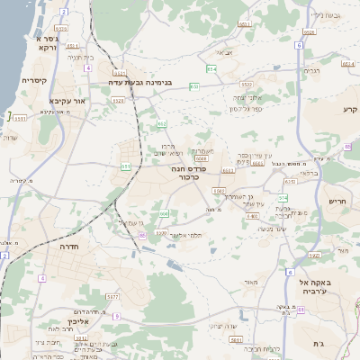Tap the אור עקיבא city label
coord(67,101)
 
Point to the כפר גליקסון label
coord(245,109)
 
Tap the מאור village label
coord(251,282)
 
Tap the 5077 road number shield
coord(112,295)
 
